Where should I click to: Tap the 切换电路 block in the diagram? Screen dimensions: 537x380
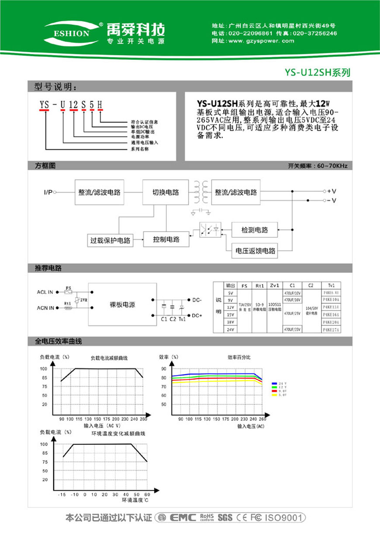click(166, 192)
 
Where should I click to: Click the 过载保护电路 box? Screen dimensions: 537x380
click(110, 241)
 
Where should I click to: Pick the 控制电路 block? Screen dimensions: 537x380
click(166, 240)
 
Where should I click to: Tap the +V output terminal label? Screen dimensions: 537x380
click(332, 191)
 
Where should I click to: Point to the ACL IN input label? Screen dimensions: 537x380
click(45, 292)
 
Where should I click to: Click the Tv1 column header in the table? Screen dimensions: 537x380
click(331, 286)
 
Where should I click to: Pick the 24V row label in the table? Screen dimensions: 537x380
click(231, 330)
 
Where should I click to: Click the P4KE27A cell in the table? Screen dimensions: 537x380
click(331, 330)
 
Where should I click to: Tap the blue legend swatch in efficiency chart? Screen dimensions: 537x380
click(274, 383)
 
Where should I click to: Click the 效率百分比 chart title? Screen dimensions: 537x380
click(239, 357)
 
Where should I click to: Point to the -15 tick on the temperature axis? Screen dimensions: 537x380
click(63, 494)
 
